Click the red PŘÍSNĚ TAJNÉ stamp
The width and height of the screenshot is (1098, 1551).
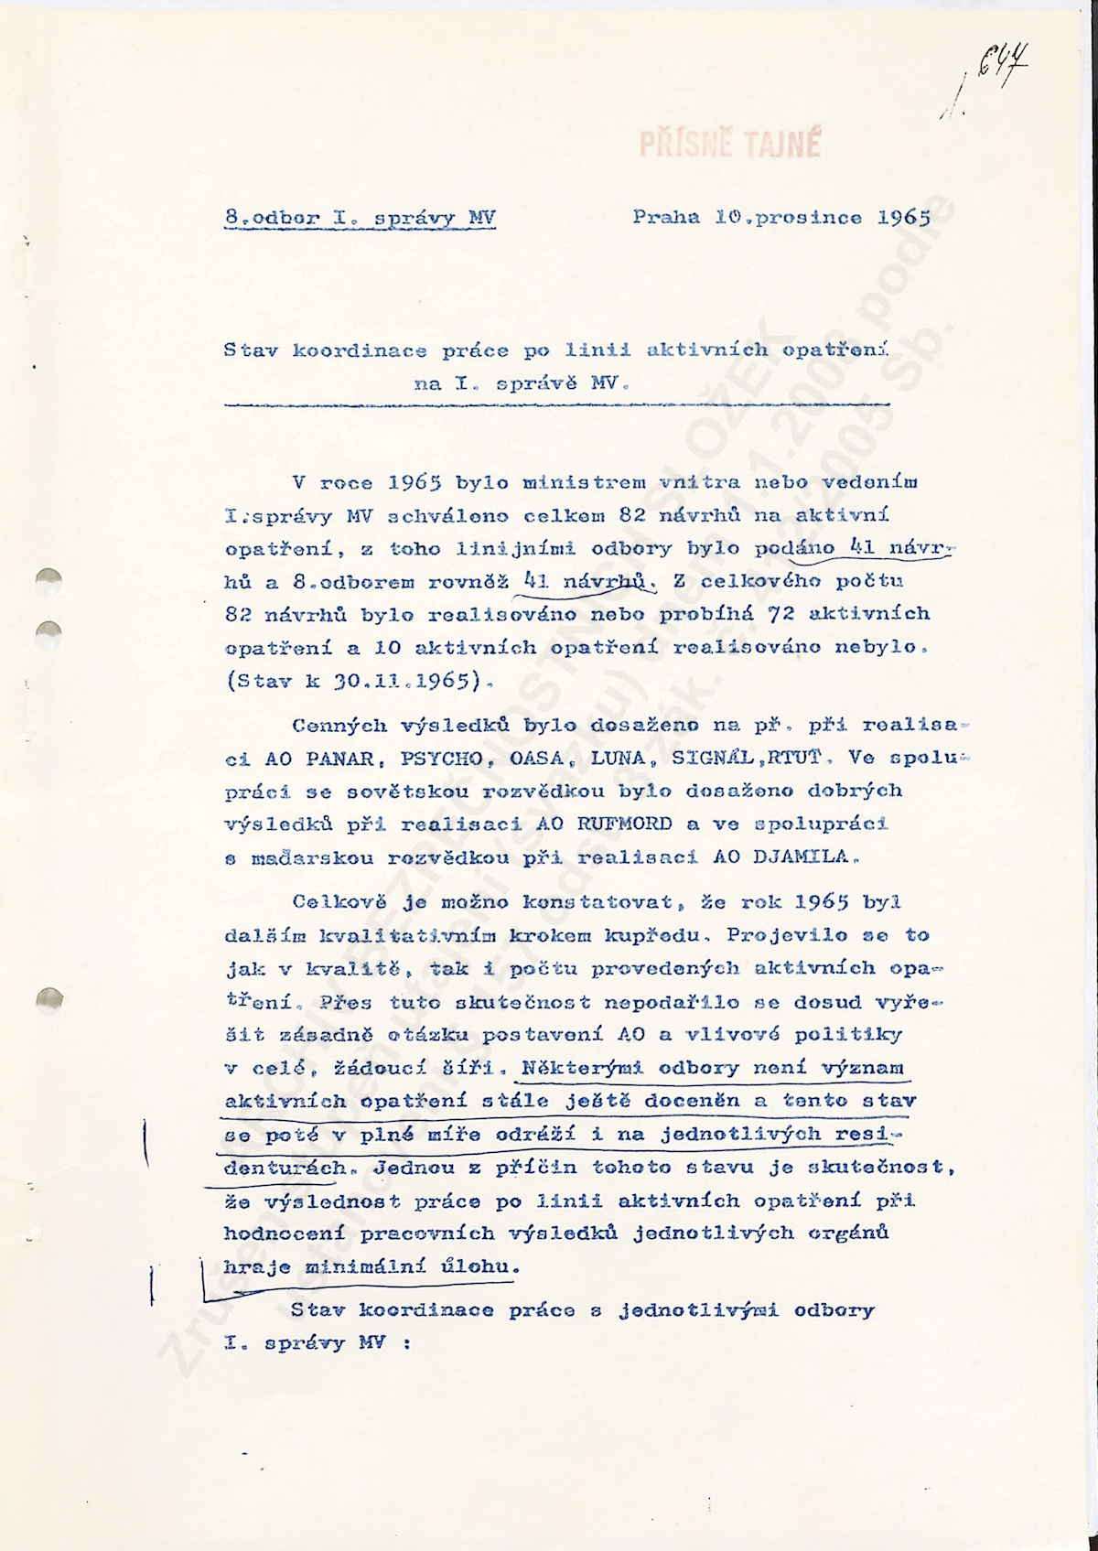click(729, 144)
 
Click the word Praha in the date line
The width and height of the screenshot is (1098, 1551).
click(665, 218)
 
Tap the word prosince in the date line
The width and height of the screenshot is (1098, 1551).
click(803, 218)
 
